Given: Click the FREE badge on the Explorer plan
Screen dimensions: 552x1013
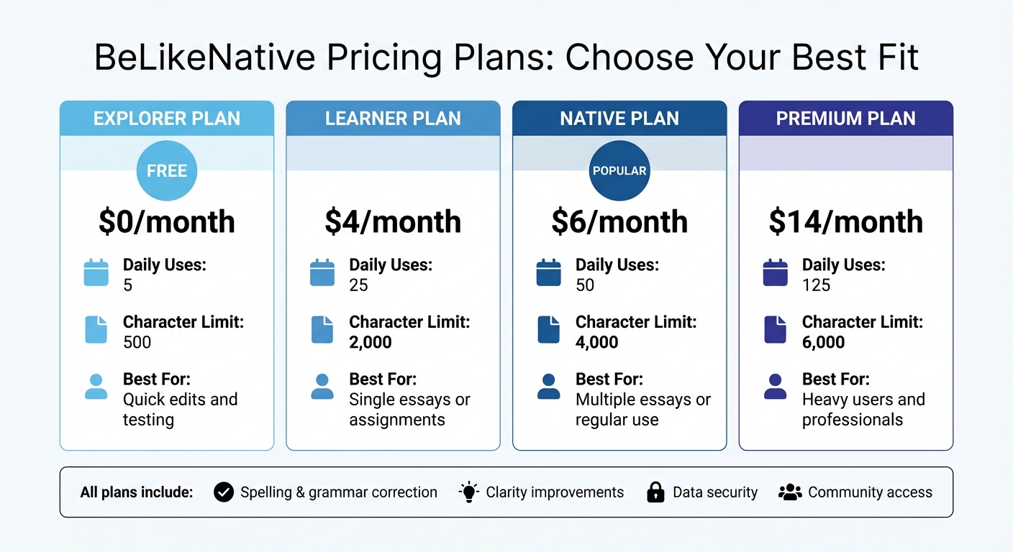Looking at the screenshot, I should coord(167,171).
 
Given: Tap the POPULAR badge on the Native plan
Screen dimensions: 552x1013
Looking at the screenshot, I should coord(619,171).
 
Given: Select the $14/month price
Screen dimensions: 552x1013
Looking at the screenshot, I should coord(845,222).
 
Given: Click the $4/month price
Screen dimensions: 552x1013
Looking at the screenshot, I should coord(393,222).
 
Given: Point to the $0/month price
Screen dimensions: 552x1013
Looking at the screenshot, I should coord(167,222).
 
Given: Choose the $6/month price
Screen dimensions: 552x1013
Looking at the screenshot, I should coord(619,222).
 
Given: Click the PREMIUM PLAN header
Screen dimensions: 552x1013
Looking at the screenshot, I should coord(845,119).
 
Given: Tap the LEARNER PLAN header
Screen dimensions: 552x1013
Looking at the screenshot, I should coord(393,119).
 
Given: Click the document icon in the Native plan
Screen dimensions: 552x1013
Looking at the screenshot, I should coord(548,330).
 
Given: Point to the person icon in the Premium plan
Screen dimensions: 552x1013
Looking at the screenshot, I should coord(775,387).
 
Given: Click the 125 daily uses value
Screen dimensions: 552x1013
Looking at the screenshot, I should coord(816,285).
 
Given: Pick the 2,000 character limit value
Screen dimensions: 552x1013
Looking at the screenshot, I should coord(371,342).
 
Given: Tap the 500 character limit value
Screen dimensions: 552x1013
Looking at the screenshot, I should coord(137,342).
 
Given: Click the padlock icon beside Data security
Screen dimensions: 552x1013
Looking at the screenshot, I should coord(655,492).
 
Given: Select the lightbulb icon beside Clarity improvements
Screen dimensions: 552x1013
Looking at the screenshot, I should coord(469,492).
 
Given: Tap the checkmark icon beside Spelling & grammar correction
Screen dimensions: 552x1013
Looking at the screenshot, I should coord(224,492).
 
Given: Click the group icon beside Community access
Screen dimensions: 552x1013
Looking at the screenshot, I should coord(790,492).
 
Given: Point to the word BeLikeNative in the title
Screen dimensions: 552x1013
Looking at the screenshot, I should coord(205,57).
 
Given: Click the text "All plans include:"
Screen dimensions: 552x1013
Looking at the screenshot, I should coord(137,492).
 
